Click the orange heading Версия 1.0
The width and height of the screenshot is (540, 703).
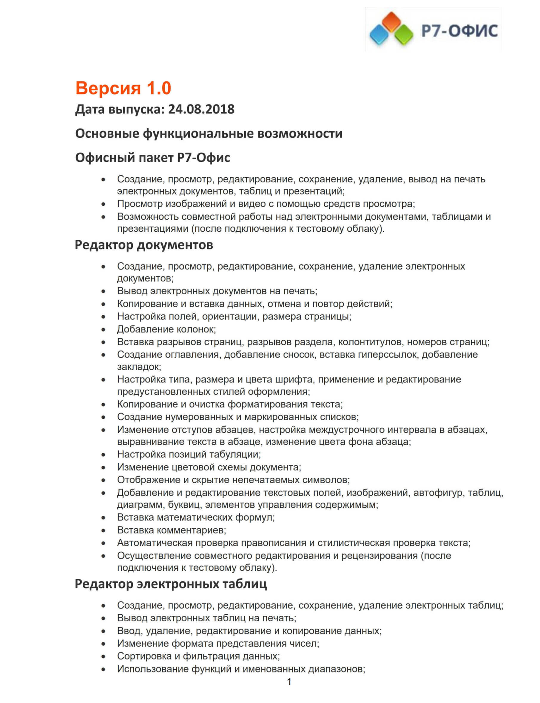[x=123, y=88]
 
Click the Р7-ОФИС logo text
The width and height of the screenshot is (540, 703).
[x=459, y=31]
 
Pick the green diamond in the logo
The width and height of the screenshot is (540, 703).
[x=404, y=35]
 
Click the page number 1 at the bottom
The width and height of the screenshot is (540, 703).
[x=289, y=682]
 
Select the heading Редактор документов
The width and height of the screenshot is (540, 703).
[x=144, y=245]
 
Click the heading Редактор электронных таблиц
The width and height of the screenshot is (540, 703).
[x=171, y=584]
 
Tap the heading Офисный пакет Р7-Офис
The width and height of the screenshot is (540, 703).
[x=152, y=158]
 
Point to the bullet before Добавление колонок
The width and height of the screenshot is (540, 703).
[x=103, y=329]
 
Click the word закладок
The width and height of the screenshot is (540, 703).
[x=138, y=367]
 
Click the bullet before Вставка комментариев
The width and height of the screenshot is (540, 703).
[x=103, y=530]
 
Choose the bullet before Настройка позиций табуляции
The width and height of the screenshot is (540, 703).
[x=103, y=454]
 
